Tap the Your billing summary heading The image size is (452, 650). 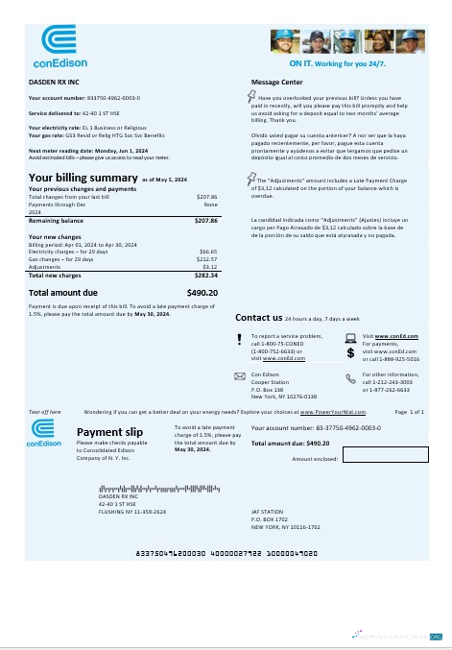[x=83, y=178]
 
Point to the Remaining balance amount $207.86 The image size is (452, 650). [x=206, y=221]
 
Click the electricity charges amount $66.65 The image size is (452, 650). [x=208, y=251]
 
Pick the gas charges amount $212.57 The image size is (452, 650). [x=206, y=258]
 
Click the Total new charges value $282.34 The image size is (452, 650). [x=206, y=275]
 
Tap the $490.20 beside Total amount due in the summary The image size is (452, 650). [x=202, y=292]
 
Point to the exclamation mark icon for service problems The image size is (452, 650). [x=240, y=337]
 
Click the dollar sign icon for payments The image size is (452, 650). [x=350, y=353]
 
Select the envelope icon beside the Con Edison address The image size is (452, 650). [x=240, y=375]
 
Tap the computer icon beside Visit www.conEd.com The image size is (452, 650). [x=350, y=337]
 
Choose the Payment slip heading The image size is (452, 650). [x=106, y=432]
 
